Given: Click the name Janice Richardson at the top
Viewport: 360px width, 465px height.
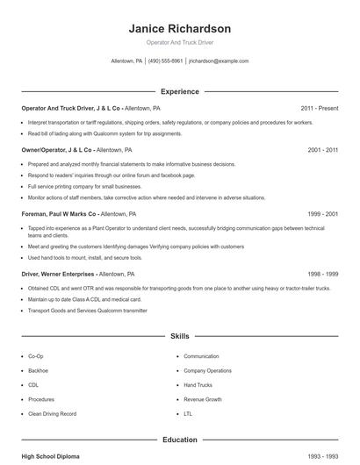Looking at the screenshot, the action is point(179,28).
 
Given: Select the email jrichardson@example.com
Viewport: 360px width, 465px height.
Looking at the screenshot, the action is point(219,61).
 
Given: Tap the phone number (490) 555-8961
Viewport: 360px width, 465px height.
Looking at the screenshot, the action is point(165,61).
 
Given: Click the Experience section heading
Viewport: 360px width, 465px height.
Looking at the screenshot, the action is point(179,91).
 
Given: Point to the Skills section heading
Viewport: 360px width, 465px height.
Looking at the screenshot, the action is point(179,336).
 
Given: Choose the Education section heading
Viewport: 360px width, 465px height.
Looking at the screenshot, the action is point(179,440).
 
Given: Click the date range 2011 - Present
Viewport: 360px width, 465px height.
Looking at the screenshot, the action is point(319,108).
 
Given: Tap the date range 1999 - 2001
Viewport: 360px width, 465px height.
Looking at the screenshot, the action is point(322,213).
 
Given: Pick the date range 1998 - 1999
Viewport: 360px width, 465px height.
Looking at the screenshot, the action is point(322,274).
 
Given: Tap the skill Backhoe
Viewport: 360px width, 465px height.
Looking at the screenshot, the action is point(39,371).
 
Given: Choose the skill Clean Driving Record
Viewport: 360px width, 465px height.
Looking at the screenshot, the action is point(52,413).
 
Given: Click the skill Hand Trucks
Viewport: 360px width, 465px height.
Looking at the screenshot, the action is point(199,385).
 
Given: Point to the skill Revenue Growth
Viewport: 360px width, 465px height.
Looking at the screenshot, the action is point(203,399).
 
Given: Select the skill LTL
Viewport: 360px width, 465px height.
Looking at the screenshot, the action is point(188,413).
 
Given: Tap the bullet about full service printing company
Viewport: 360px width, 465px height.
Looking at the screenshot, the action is point(84,186).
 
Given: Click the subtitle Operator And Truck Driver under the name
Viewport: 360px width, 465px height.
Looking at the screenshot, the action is point(179,42).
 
